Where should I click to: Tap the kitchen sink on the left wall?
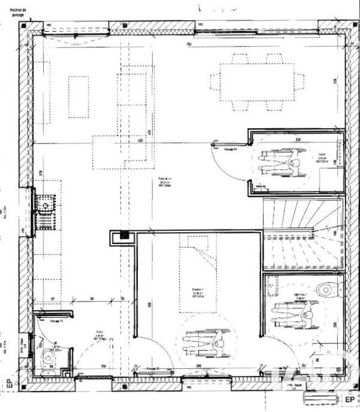(45, 211)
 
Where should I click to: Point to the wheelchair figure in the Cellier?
(282, 163)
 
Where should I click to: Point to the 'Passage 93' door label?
(230, 148)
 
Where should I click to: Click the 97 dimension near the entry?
(53, 298)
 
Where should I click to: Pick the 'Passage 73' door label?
(57, 322)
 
